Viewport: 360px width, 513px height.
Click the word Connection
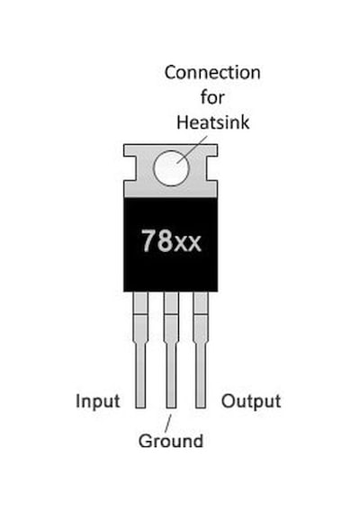(x=212, y=72)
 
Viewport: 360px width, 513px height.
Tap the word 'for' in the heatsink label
(x=212, y=97)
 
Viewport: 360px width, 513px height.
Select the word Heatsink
(x=212, y=122)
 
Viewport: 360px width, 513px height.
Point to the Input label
(x=97, y=401)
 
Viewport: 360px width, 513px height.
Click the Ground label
(x=171, y=441)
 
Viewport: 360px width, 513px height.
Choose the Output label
(x=251, y=401)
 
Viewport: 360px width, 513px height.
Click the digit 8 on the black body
(x=165, y=240)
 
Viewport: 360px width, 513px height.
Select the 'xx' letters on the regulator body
(x=187, y=244)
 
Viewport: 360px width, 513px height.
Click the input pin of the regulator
(x=140, y=350)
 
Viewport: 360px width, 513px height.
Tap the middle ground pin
(x=171, y=350)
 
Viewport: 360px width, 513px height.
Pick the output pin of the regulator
(x=201, y=350)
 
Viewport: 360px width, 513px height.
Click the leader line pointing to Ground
(x=167, y=423)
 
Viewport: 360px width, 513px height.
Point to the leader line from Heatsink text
(x=192, y=149)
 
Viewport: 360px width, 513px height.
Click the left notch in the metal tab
(x=130, y=168)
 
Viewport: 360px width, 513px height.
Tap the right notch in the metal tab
(x=211, y=168)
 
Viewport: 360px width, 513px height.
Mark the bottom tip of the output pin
(x=201, y=408)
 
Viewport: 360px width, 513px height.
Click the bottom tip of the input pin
(x=140, y=408)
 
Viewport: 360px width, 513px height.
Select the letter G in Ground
(x=145, y=441)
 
